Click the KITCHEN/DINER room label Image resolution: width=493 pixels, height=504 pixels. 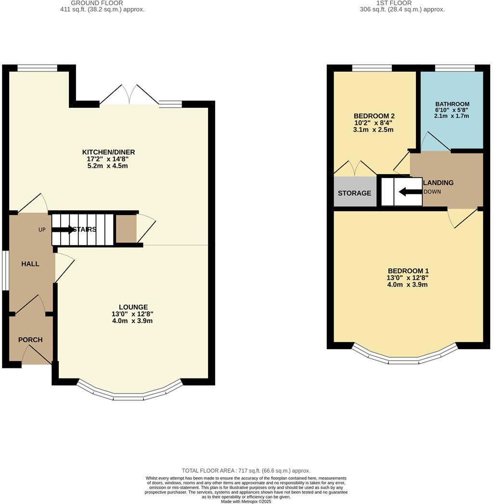[108, 152]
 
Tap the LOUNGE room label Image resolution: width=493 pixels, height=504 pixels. [133, 307]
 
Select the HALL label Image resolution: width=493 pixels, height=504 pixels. [30, 264]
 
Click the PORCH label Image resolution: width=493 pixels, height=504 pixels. [30, 340]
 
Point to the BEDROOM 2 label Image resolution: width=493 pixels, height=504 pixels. [374, 116]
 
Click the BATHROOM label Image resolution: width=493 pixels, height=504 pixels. [452, 104]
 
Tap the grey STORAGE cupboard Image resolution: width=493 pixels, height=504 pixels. [355, 191]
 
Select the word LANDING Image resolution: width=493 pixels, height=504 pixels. [438, 183]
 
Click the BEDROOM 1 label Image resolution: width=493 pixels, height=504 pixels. [408, 271]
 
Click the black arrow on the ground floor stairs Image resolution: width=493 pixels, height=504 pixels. [63, 229]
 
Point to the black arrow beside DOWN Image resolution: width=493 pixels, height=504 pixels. [410, 192]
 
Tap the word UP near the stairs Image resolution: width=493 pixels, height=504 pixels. [42, 230]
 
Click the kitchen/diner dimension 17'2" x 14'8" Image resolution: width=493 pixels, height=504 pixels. [108, 159]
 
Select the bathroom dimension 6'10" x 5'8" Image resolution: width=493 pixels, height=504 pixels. [452, 110]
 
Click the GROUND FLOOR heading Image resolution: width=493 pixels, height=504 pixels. [97, 3]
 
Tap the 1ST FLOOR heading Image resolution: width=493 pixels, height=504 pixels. [394, 3]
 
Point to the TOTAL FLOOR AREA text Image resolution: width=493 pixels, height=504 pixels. [246, 471]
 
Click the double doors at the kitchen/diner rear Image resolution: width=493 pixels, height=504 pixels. [129, 94]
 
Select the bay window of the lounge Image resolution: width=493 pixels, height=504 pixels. [130, 392]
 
